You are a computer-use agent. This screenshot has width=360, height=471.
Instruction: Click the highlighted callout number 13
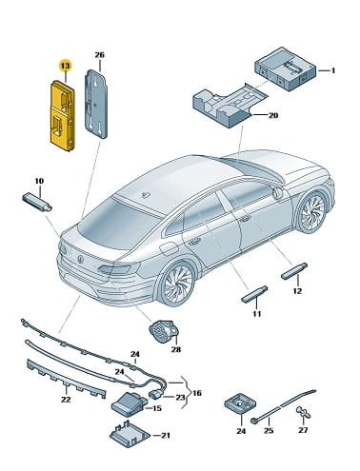[65, 66]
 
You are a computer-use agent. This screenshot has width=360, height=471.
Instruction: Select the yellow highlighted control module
[63, 115]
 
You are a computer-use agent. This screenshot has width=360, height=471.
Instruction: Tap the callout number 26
[99, 55]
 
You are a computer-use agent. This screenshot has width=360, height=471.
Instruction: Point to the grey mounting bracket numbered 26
[95, 104]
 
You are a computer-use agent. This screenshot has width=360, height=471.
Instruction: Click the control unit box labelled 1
[286, 69]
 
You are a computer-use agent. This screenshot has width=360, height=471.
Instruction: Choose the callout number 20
[273, 115]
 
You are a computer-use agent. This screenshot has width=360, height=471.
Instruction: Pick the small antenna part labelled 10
[37, 202]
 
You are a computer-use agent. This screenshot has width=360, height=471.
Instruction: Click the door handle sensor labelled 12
[294, 271]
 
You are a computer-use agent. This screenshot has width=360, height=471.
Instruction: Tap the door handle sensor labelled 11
[254, 295]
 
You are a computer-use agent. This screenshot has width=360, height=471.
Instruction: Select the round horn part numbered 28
[164, 332]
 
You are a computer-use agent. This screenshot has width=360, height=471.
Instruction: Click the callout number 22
[66, 400]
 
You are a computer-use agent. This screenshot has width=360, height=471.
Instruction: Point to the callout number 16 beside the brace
[197, 393]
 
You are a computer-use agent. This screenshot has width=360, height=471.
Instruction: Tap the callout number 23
[180, 397]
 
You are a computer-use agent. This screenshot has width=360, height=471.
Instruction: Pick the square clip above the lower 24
[241, 404]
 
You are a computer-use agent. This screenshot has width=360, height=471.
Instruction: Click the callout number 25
[269, 430]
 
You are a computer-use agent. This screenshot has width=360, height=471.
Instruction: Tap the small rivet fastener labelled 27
[304, 413]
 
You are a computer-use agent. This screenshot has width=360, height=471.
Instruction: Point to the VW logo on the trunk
[81, 260]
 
